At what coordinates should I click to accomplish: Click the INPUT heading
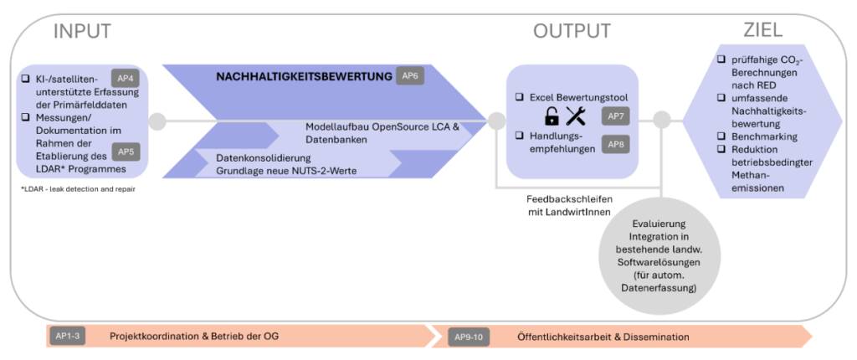point(83,31)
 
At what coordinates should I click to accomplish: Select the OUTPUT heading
point(572,31)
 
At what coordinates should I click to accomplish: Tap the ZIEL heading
point(762,30)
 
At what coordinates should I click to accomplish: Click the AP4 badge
point(126,78)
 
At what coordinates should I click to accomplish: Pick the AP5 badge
point(126,152)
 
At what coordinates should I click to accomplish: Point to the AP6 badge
point(410,76)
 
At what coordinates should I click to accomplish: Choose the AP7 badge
point(615,116)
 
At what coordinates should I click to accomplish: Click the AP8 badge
point(615,145)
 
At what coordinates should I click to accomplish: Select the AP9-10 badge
point(469,337)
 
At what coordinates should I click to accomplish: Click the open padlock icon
point(552,116)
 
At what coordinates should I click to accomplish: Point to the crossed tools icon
point(576,116)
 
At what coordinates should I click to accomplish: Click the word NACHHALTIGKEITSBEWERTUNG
point(305,76)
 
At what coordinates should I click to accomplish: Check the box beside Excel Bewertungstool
point(519,97)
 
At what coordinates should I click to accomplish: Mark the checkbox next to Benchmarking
point(721,136)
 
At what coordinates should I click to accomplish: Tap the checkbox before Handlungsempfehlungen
point(519,135)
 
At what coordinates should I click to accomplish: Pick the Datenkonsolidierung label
point(264,159)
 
